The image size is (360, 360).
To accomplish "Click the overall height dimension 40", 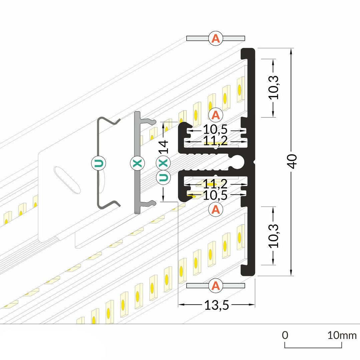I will coord(293,162).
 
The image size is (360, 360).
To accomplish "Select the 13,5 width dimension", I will coord(217,305).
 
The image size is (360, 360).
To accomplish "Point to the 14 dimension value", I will coord(163,146).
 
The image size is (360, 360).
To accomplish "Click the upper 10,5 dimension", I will coord(215,129).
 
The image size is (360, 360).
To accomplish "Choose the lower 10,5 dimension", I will coord(215,195).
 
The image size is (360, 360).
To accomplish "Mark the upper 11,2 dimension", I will coord(215,141).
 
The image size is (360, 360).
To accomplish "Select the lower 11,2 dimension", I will coord(215,184).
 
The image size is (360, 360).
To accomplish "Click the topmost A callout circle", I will coord(216,38).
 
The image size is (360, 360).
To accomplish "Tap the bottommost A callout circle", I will coord(216,286).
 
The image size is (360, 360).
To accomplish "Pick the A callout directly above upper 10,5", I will coord(216,115).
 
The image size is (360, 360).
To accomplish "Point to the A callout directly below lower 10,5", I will coord(216,210).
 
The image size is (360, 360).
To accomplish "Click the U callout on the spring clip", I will coord(99,163).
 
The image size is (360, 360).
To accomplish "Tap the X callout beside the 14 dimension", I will coord(163,163).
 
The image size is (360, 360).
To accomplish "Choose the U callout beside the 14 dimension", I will coord(163,177).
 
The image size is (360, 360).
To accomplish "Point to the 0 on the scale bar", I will coord(285,335).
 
